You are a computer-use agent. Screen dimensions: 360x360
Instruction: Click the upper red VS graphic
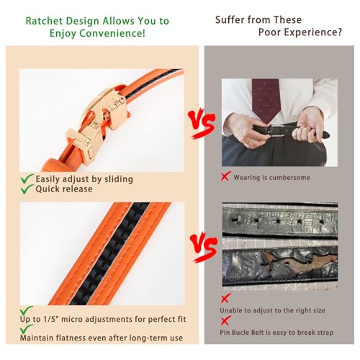[202, 123]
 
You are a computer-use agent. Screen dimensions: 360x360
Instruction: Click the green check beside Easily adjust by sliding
[27, 179]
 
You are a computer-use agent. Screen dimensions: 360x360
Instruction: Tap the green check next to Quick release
[27, 189]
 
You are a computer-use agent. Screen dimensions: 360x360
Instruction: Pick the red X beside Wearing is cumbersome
[225, 176]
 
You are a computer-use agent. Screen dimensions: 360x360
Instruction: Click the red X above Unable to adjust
[225, 298]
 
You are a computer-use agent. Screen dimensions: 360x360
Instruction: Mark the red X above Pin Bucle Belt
[225, 320]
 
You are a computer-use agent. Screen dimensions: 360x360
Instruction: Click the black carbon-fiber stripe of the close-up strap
[110, 253]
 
